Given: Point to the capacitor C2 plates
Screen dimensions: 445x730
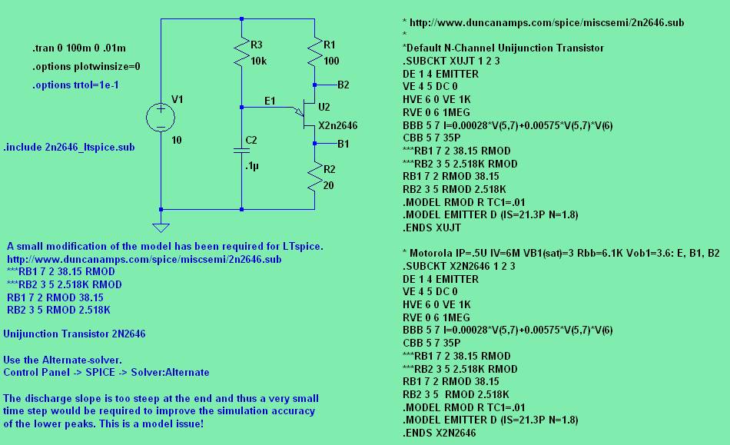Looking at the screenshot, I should pyautogui.click(x=241, y=150).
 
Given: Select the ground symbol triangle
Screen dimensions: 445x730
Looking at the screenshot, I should pyautogui.click(x=161, y=226).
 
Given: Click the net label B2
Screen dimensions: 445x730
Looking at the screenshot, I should pyautogui.click(x=343, y=85).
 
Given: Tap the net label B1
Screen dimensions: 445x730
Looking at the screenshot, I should pyautogui.click(x=343, y=144).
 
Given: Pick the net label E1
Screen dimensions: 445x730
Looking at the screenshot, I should pyautogui.click(x=269, y=101).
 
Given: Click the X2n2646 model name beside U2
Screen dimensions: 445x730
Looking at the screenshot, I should pyautogui.click(x=337, y=125).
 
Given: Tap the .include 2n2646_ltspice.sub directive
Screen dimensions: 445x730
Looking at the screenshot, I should pyautogui.click(x=69, y=146).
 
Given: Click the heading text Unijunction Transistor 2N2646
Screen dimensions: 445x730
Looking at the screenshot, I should pyautogui.click(x=75, y=334).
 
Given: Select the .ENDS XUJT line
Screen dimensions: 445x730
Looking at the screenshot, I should pyautogui.click(x=432, y=228).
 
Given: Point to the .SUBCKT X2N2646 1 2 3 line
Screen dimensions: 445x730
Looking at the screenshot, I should pyautogui.click(x=459, y=266).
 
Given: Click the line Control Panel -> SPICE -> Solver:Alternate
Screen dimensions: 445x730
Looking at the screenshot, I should pyautogui.click(x=106, y=372).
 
